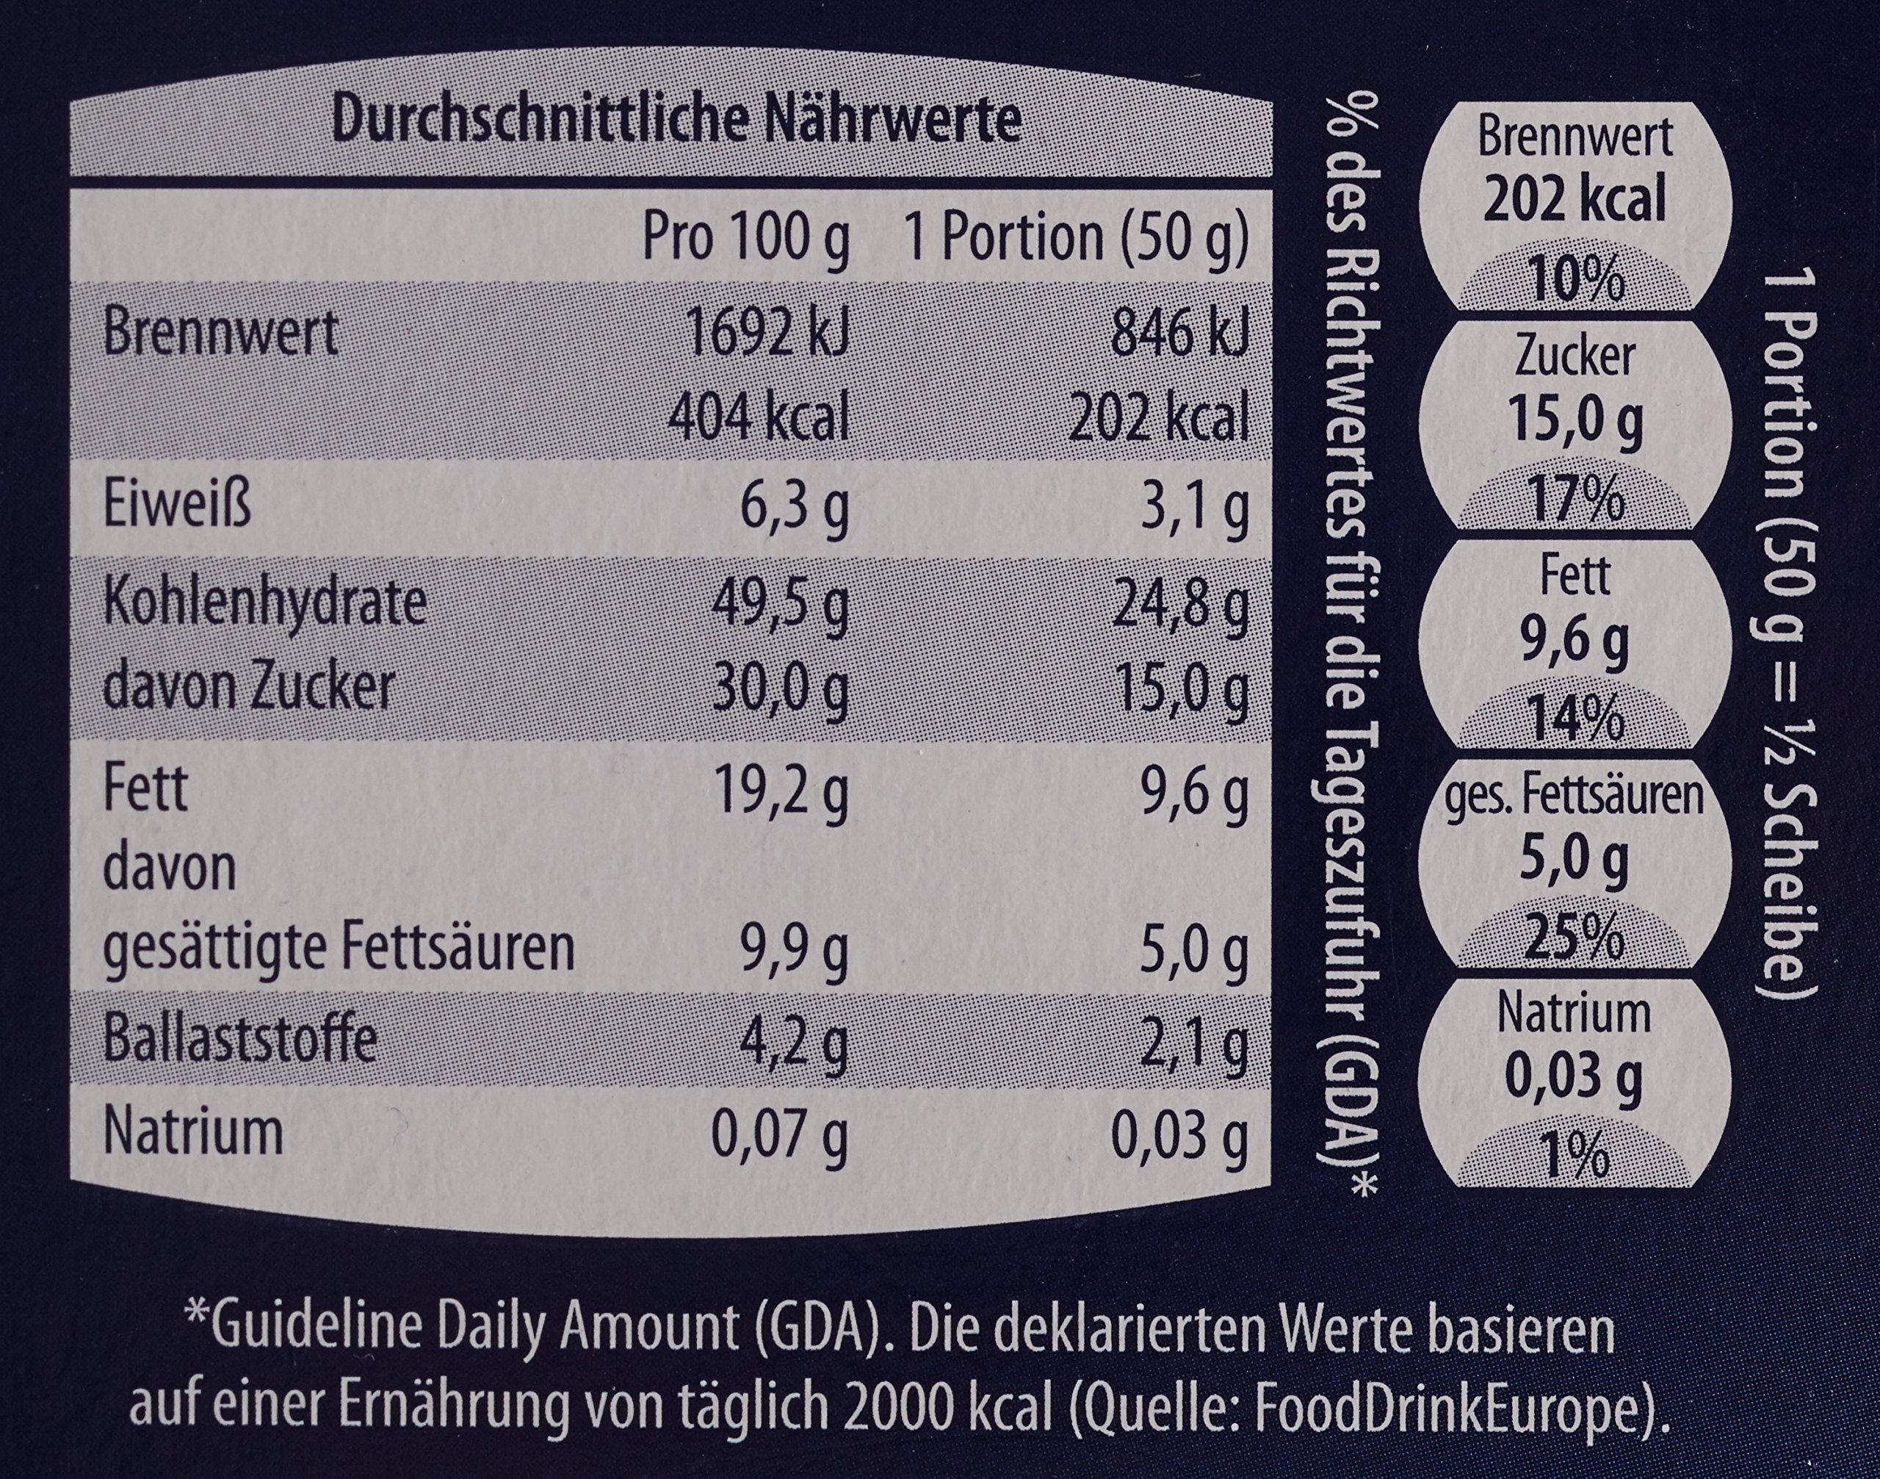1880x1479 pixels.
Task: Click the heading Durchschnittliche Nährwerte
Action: pos(677,122)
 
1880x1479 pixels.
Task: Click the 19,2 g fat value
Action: pos(779,791)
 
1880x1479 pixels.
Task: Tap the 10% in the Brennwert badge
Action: pos(1574,281)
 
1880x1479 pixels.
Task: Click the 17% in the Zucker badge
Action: pos(1574,500)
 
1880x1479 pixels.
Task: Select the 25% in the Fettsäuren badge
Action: pos(1574,938)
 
